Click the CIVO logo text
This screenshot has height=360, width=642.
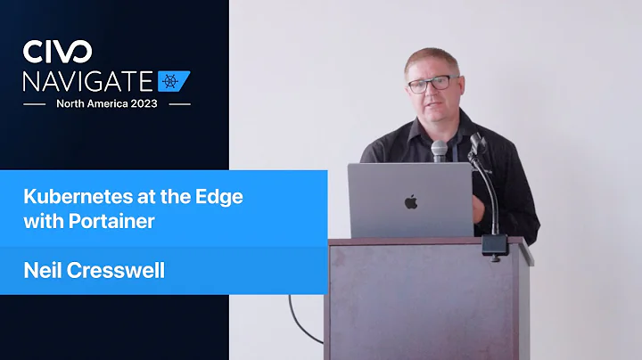coord(56,51)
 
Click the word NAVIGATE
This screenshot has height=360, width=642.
coord(88,81)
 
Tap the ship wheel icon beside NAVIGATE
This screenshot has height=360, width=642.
coord(174,81)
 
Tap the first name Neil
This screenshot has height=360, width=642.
coord(42,270)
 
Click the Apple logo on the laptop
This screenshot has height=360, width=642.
coord(410,201)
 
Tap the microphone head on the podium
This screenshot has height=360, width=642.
coord(440,150)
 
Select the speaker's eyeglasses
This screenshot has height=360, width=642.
coord(430,85)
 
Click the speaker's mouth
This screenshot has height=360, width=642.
coord(432,109)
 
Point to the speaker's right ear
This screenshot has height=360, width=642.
coord(406,86)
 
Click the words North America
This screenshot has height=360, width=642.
coord(92,103)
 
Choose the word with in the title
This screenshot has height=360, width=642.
coord(40,221)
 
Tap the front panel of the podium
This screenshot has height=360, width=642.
coord(419,303)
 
